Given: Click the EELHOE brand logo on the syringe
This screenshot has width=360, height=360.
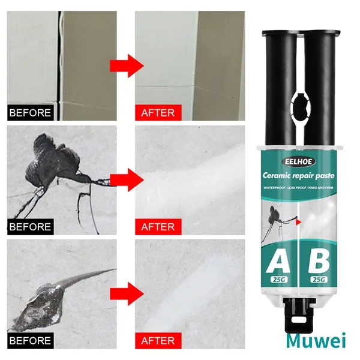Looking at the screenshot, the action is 298,161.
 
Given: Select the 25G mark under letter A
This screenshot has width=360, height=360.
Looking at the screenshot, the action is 279,280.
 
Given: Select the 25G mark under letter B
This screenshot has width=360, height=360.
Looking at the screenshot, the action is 319,279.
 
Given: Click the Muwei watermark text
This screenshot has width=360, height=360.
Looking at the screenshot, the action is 316,341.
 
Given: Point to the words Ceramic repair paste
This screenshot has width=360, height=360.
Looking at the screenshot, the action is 298,176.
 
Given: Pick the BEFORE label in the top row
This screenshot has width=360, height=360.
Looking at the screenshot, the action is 31,113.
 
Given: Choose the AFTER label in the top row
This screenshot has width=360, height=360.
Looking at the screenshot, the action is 158,113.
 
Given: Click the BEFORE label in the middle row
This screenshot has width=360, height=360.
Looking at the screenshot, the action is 31,227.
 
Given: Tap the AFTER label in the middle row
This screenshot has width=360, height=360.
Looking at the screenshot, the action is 158,227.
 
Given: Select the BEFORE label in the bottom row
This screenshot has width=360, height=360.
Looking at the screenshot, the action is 31,340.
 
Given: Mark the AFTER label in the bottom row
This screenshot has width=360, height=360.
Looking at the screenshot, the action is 158,340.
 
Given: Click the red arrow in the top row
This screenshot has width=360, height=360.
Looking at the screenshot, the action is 127,66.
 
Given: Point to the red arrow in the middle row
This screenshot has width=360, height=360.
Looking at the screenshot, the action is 127,180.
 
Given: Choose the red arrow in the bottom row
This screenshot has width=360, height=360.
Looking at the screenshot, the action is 127,294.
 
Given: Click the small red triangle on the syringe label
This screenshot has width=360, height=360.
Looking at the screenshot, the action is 299,222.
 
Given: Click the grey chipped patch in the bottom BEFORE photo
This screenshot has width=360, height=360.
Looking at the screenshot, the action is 41,305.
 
